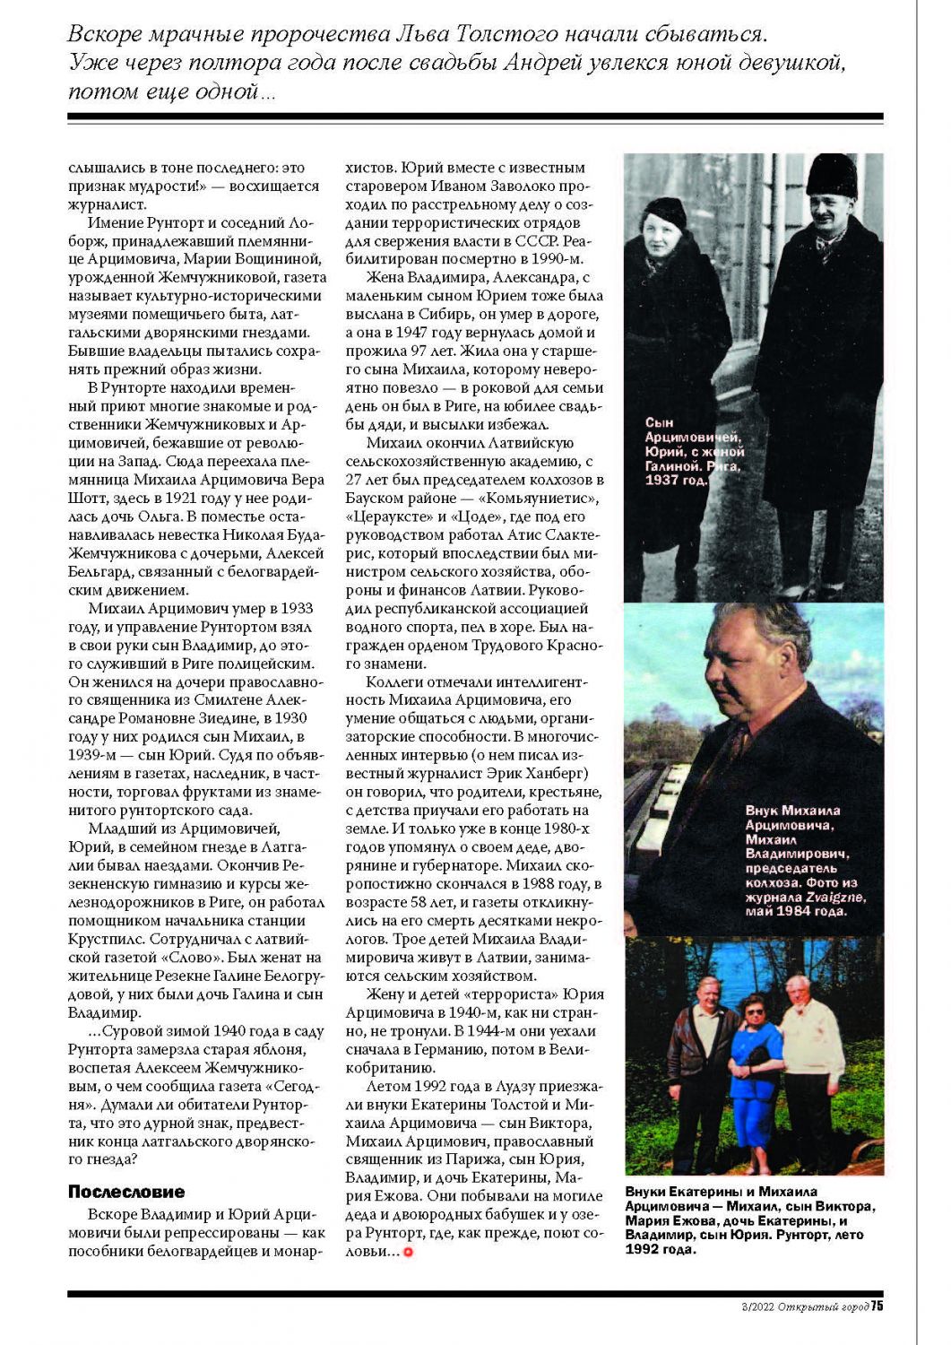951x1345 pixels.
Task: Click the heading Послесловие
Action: (x=126, y=1192)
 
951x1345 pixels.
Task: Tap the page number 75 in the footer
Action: (x=877, y=1306)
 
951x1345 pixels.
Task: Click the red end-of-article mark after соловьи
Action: (x=409, y=1252)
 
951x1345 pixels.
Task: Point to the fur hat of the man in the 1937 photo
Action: (x=831, y=176)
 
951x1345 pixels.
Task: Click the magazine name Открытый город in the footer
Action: (x=823, y=1306)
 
